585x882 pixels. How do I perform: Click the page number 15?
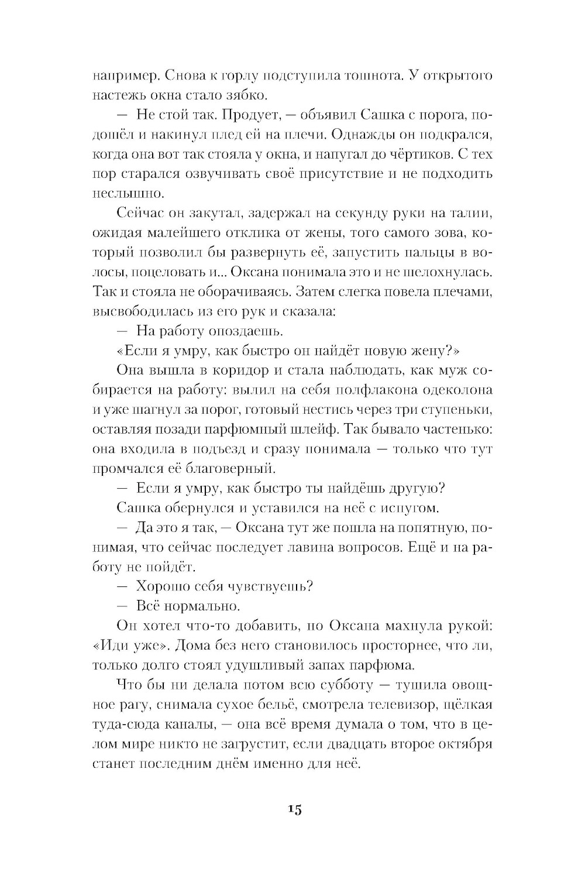pyautogui.click(x=294, y=810)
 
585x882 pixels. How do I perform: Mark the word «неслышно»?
pyautogui.click(x=121, y=193)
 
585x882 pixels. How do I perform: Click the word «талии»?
pyautogui.click(x=470, y=213)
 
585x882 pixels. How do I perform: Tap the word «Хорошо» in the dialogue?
pyautogui.click(x=163, y=586)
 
